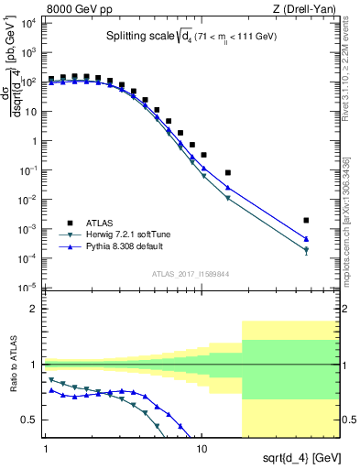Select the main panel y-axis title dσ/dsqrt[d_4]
(13, 85)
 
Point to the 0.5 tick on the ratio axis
(30, 420)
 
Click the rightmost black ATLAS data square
(306, 221)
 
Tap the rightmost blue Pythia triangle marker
(306, 239)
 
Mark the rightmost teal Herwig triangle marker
(306, 250)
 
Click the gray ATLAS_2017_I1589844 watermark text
(190, 274)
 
